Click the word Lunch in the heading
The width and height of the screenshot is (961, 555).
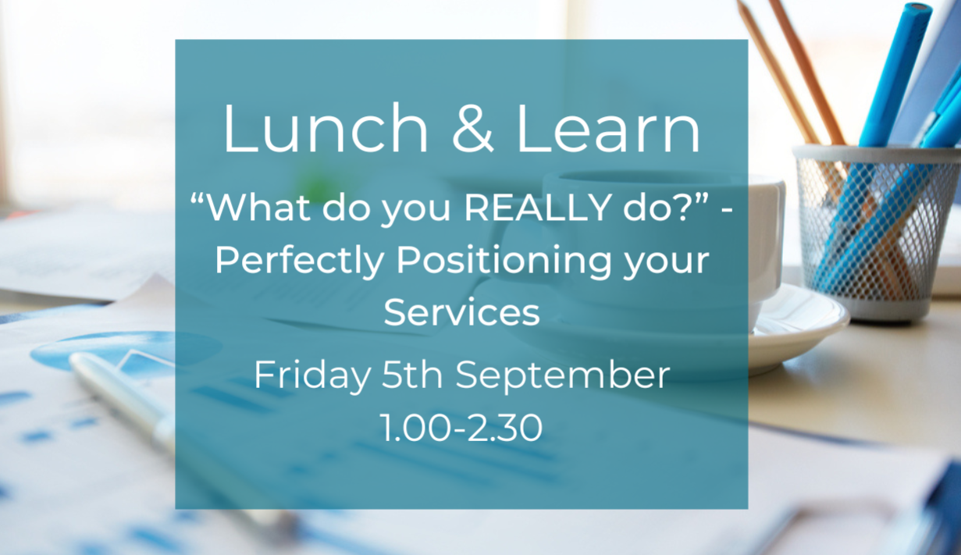point(326,128)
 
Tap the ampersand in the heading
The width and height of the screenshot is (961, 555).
point(473,128)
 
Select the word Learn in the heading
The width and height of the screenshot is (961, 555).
point(609,128)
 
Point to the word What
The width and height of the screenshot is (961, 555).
point(258,207)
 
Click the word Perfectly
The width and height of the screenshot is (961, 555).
point(300,261)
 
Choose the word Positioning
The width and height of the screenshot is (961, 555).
point(504,261)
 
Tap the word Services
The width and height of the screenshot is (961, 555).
point(461,312)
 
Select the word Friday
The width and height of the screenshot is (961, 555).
point(312,375)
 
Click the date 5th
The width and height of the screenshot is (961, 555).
point(412,375)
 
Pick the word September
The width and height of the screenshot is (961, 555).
point(562,375)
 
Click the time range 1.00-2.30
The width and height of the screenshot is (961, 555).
point(461,428)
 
